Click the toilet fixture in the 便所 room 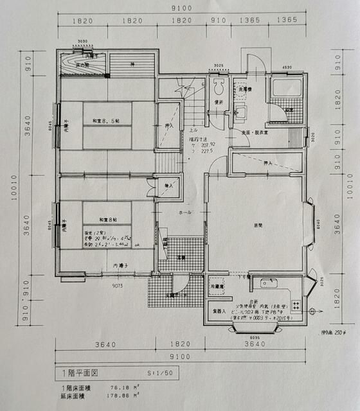[217, 85]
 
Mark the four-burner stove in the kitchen [296, 304]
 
